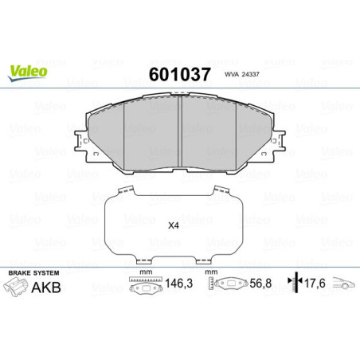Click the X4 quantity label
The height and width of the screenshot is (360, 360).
[x=173, y=224]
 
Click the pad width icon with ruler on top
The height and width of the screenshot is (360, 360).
[x=144, y=284]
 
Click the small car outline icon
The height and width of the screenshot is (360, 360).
[x=343, y=284]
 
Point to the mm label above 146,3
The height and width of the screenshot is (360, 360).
[x=145, y=272]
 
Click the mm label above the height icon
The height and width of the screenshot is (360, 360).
[x=212, y=272]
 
